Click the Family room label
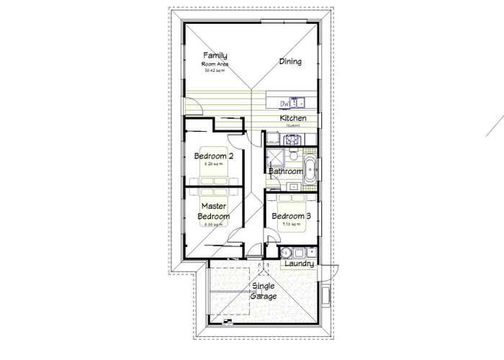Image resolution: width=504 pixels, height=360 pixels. (x=215, y=55)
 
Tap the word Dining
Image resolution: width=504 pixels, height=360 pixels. (x=290, y=62)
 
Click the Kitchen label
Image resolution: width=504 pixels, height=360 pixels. (x=293, y=118)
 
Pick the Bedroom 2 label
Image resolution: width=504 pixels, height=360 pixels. (x=213, y=156)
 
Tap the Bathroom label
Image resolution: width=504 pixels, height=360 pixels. (x=285, y=172)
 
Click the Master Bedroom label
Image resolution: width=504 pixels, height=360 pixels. (x=214, y=211)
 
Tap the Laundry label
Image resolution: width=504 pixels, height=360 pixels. (x=298, y=264)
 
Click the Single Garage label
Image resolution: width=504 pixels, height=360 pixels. (x=262, y=291)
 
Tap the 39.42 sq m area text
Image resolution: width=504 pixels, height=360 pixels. (x=215, y=71)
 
